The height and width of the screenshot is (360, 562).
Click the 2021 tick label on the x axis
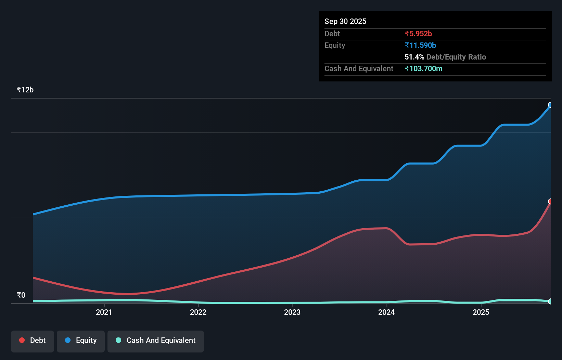pos(104,312)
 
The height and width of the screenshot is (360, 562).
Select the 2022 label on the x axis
pos(198,312)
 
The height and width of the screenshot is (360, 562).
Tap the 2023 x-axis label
pos(292,312)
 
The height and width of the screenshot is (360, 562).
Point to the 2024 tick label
pos(386,312)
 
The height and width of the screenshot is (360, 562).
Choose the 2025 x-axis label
pos(481,312)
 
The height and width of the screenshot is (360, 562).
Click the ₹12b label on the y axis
pos(25,90)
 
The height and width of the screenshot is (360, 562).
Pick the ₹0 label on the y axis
pos(21,295)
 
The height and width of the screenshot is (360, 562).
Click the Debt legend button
pos(33,340)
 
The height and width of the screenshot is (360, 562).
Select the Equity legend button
pos(81,340)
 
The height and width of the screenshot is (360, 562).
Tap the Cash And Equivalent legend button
pos(156,340)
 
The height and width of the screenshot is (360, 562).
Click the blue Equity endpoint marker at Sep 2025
pos(550,105)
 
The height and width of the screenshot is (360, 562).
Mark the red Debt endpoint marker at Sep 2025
pos(550,202)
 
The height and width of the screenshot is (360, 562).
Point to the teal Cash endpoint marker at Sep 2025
pos(550,301)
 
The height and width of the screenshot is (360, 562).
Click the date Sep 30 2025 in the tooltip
pos(345,22)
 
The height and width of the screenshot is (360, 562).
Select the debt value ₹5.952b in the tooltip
pos(418,34)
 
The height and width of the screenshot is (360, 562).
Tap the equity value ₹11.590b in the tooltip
pos(420,46)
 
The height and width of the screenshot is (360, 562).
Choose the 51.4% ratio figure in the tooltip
pos(414,57)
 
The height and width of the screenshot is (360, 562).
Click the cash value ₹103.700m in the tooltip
pos(423,69)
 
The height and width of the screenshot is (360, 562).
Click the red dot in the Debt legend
pos(22,340)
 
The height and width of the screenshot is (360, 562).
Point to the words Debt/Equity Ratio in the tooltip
pos(456,57)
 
